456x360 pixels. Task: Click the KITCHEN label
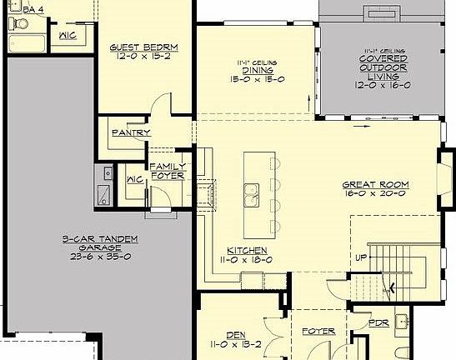pyautogui.click(x=247, y=250)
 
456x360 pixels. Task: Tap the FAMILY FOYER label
pyautogui.click(x=167, y=172)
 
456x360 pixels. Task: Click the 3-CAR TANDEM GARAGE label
pyautogui.click(x=98, y=243)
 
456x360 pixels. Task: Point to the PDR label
pyautogui.click(x=378, y=322)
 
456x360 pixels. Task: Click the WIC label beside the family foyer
pyautogui.click(x=134, y=180)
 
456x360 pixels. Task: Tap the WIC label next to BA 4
pyautogui.click(x=68, y=36)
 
